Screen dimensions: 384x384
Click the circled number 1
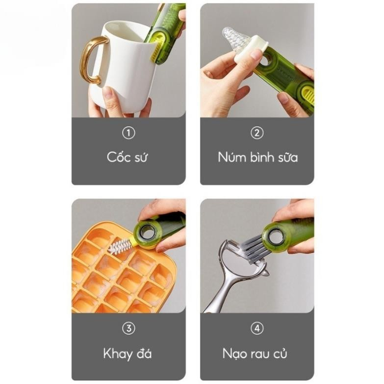(x=128, y=133)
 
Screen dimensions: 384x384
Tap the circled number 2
(x=257, y=133)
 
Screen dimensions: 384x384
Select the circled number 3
(x=128, y=328)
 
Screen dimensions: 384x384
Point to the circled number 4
(x=257, y=328)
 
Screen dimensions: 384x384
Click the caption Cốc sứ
(x=127, y=157)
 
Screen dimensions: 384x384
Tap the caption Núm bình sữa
(x=257, y=157)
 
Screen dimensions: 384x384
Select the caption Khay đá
(x=128, y=354)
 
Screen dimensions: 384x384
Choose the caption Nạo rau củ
(x=255, y=354)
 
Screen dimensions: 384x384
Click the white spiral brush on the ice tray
(x=120, y=247)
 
